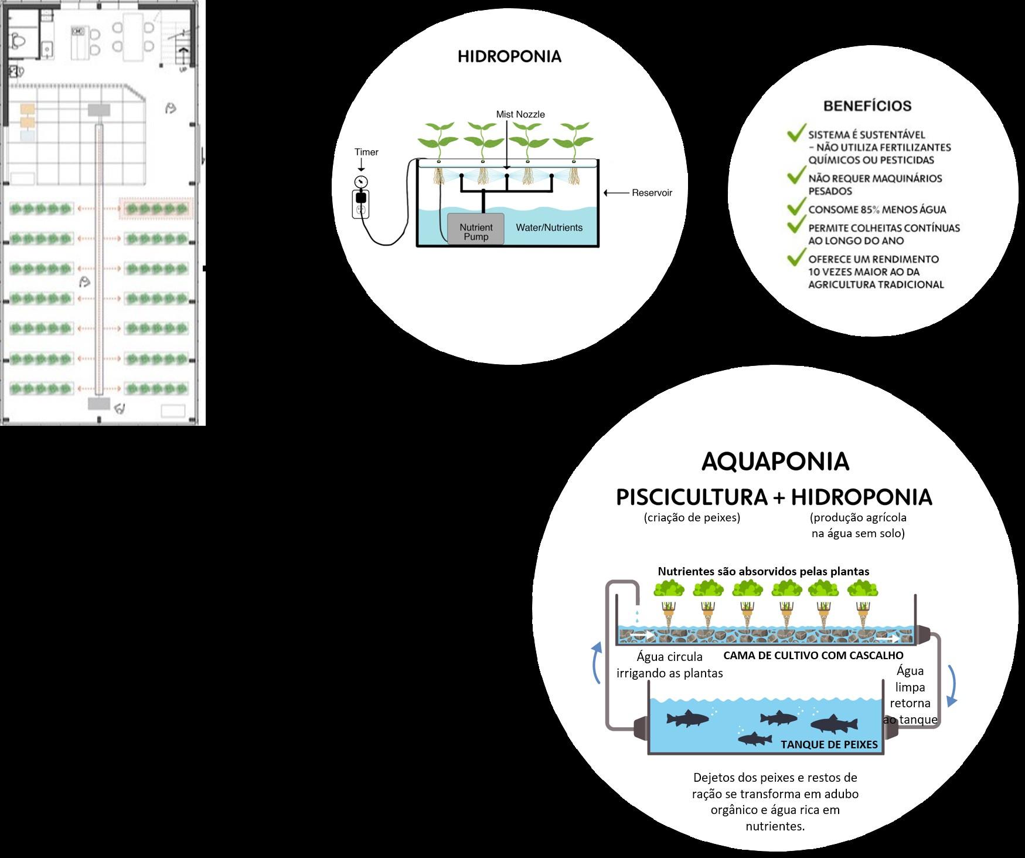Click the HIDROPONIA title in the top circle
(509, 57)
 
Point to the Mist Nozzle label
(520, 114)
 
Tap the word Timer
(366, 152)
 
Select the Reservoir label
(652, 192)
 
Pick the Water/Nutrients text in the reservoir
(549, 228)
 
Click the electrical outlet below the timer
(360, 209)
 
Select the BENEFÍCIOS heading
(867, 106)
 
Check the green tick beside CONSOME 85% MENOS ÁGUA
(795, 207)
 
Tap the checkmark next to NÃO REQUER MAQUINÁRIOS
(795, 175)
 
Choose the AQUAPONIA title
(775, 462)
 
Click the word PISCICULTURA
(692, 497)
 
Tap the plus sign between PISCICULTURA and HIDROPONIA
(778, 497)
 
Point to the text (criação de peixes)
(692, 518)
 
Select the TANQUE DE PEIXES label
(829, 744)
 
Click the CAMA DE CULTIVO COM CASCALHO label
(813, 655)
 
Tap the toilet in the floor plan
(18, 42)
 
